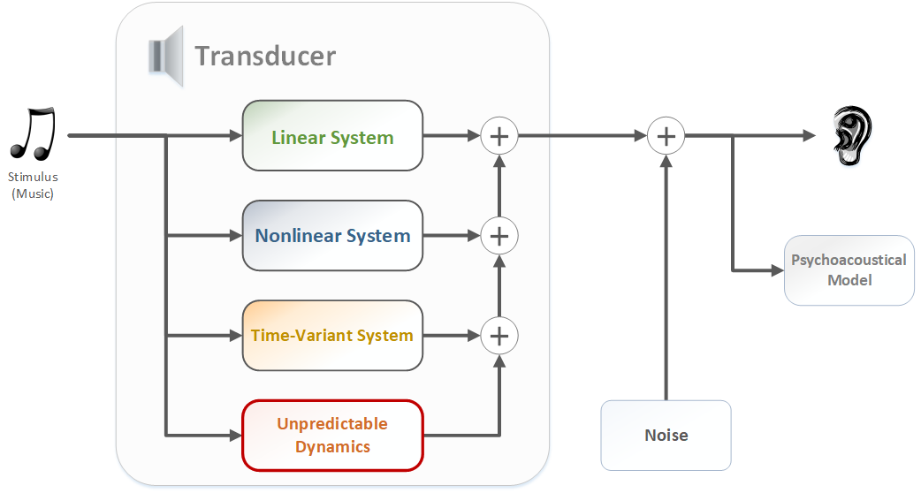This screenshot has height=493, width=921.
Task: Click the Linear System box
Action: [332, 136]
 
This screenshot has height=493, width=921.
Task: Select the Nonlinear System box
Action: [332, 236]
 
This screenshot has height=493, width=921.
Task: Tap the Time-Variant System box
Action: [332, 336]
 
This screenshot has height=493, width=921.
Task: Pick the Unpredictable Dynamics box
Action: [332, 436]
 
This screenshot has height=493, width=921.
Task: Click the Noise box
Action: [666, 435]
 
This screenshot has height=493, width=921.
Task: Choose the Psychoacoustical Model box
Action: [849, 270]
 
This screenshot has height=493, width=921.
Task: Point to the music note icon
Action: [34, 134]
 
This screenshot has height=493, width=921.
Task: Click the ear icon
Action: [852, 136]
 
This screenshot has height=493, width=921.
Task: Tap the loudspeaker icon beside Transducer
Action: [165, 57]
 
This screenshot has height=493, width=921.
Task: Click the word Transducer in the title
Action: [265, 56]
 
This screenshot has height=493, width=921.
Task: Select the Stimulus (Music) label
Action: [33, 186]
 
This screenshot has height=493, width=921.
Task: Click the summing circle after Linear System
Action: [499, 136]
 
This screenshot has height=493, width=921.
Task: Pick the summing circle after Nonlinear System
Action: [499, 236]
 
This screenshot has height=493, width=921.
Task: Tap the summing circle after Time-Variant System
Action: [499, 336]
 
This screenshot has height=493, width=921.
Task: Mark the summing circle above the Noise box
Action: [666, 136]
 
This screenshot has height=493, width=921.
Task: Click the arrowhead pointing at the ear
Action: [808, 136]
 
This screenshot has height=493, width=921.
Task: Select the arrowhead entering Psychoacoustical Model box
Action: [778, 270]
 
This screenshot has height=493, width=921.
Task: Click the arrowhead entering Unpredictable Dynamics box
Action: [235, 436]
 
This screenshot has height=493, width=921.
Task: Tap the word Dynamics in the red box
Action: [332, 446]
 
